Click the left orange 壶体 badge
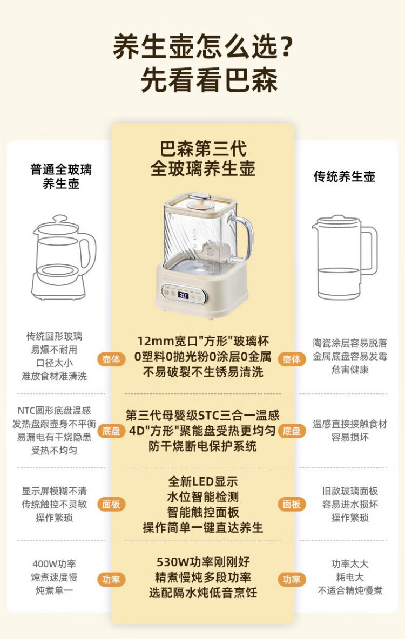tap(111, 359)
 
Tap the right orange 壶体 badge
tap(292, 359)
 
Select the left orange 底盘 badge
tap(111, 431)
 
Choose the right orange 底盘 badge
tap(292, 431)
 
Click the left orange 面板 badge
tap(111, 505)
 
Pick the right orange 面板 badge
tap(292, 505)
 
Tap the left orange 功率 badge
tap(111, 580)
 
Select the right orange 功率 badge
tap(292, 580)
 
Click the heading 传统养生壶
tap(344, 176)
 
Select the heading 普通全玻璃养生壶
tap(61, 176)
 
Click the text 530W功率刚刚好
tap(202, 562)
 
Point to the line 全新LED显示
tap(202, 481)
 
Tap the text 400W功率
tap(54, 564)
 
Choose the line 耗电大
tap(350, 577)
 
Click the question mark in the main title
tap(287, 47)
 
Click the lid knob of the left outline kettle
tap(60, 219)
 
